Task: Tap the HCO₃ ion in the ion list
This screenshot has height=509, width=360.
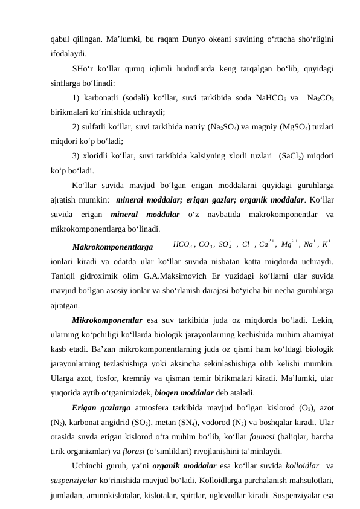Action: tap(182, 245)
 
